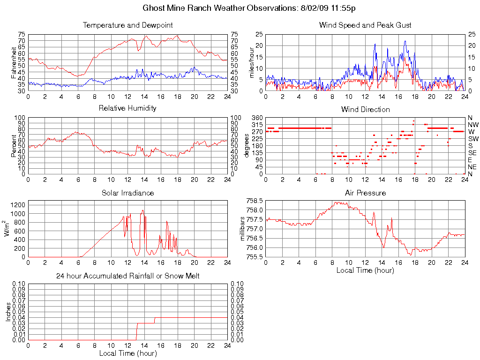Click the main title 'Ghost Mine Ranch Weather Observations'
click(x=219, y=8)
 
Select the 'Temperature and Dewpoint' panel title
click(x=127, y=25)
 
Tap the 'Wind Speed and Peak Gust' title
click(x=365, y=25)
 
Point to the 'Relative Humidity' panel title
click(x=127, y=108)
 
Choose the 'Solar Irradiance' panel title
click(x=127, y=193)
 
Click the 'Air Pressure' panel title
click(x=365, y=193)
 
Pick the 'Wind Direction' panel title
click(x=365, y=109)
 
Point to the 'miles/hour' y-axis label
click(x=251, y=62)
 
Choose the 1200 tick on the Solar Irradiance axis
click(x=18, y=205)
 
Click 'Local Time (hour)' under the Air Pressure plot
click(x=365, y=270)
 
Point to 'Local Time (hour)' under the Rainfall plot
click(x=127, y=353)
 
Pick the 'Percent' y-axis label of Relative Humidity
click(x=14, y=145)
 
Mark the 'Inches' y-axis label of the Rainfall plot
click(x=8, y=312)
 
